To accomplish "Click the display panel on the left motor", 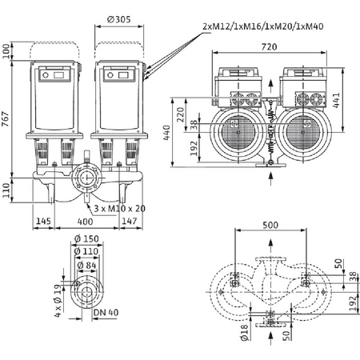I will pyautogui.click(x=58, y=75).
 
